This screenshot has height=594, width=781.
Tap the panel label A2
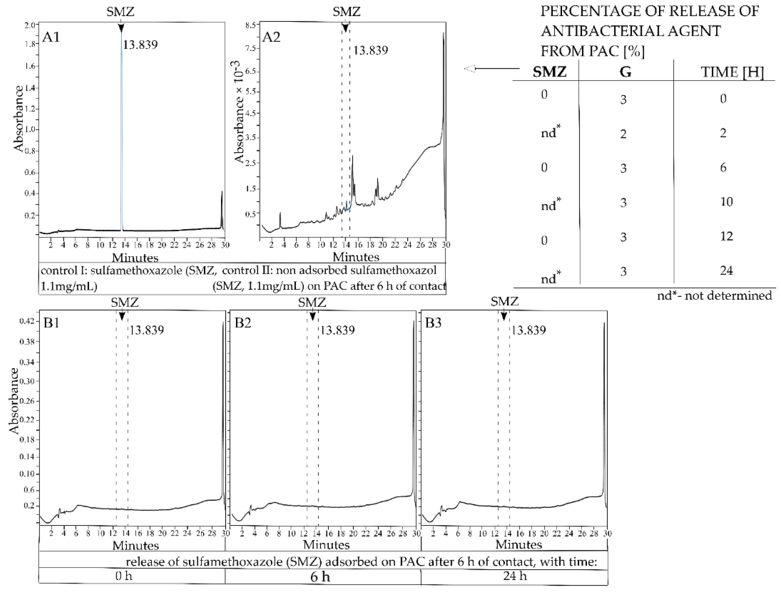(x=271, y=37)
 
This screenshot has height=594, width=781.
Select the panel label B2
(x=243, y=323)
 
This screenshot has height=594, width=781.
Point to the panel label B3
(x=433, y=323)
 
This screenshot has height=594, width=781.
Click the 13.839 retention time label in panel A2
(x=370, y=51)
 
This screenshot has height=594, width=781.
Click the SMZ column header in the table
(x=550, y=72)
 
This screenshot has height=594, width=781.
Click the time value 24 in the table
(x=726, y=271)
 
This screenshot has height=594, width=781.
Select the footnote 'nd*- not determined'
(x=714, y=296)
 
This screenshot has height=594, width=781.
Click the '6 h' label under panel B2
(x=320, y=577)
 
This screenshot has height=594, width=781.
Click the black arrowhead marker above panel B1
(x=122, y=316)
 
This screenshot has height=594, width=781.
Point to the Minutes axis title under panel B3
(x=518, y=544)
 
